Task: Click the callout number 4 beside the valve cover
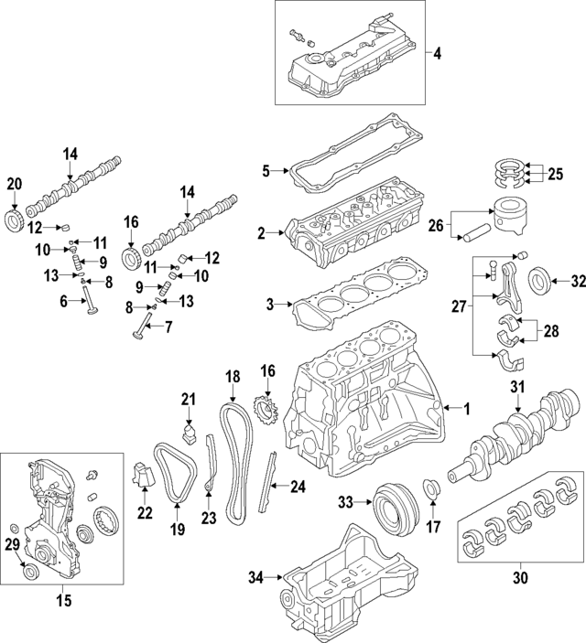point(438,54)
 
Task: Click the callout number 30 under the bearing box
point(521,577)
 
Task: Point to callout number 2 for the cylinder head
point(262,234)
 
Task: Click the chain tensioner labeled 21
point(189,433)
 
